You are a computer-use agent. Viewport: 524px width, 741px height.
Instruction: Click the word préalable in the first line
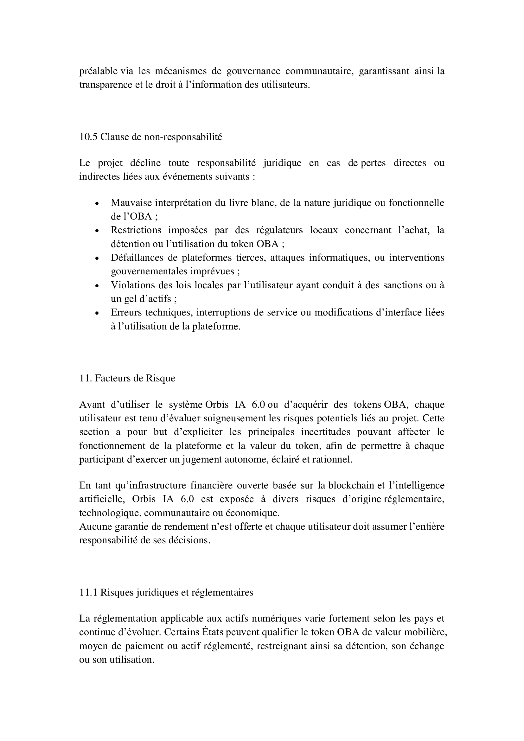[99, 71]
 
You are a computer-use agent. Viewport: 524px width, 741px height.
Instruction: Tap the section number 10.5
[88, 137]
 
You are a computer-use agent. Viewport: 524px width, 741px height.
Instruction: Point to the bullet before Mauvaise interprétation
[97, 204]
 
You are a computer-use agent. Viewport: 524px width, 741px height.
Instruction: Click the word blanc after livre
[264, 203]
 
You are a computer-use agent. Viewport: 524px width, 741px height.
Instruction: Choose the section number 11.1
[88, 592]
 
